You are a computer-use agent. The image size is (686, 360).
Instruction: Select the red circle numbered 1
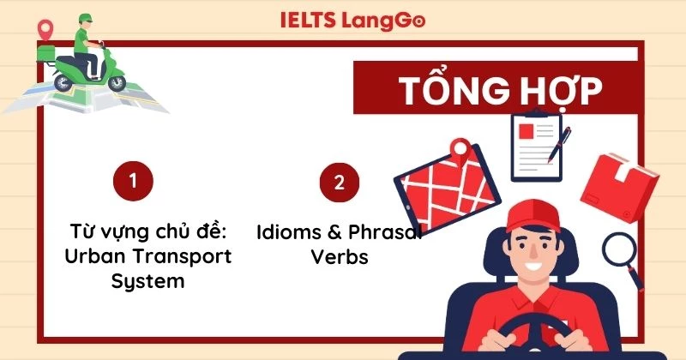pyautogui.click(x=133, y=181)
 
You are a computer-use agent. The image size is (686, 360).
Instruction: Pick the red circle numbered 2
pyautogui.click(x=339, y=182)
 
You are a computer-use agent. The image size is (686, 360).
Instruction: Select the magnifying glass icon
pyautogui.click(x=620, y=250)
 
